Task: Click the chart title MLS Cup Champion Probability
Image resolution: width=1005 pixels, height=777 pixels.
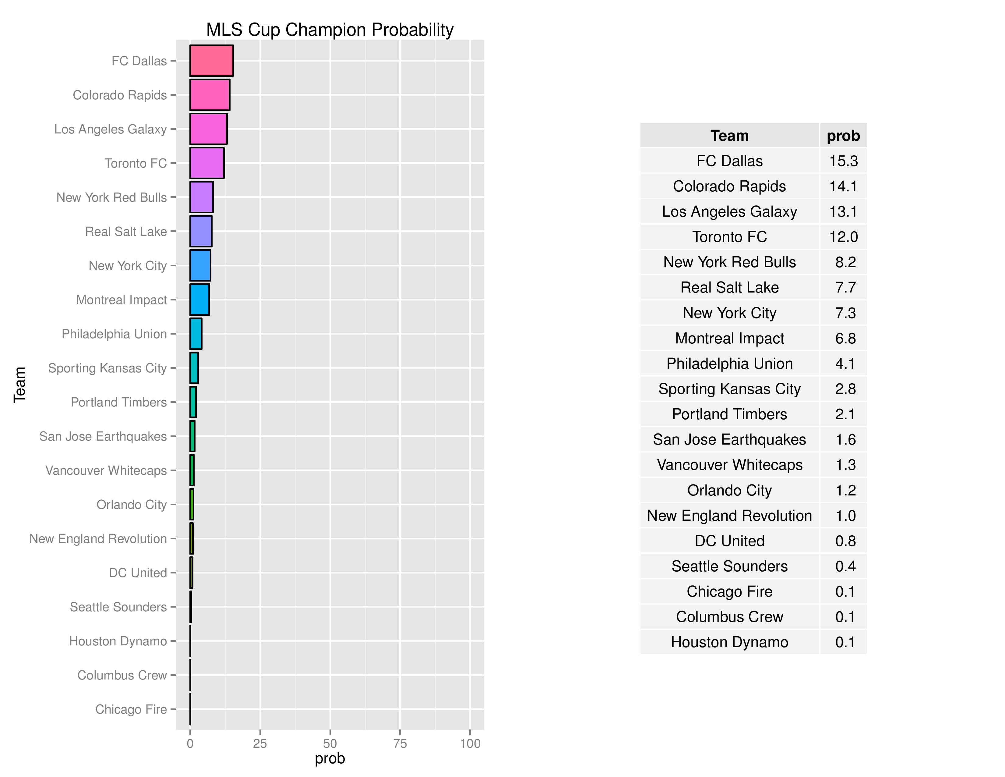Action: [330, 30]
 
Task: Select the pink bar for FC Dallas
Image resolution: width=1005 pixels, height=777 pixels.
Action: [211, 61]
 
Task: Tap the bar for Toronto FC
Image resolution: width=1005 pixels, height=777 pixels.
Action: [206, 163]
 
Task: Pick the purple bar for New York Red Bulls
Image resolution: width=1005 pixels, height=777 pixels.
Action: [202, 197]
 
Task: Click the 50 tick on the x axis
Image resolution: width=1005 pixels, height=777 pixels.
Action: [330, 743]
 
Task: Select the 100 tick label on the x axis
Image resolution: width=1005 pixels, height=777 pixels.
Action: [470, 743]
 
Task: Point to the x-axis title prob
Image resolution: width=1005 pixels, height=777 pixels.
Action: [330, 759]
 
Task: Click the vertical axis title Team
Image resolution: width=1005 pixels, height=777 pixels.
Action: [19, 385]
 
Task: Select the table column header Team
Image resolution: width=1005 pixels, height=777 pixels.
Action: [729, 136]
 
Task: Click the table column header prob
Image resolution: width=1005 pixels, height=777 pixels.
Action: [843, 136]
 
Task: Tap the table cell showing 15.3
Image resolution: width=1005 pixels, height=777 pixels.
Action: [843, 161]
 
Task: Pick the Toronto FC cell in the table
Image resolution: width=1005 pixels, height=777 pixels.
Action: [729, 237]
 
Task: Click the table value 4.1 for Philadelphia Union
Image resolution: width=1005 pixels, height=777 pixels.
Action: [845, 364]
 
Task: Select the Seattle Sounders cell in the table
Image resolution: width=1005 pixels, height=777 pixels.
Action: [729, 566]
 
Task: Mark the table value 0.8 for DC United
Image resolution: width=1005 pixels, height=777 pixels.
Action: [845, 541]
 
